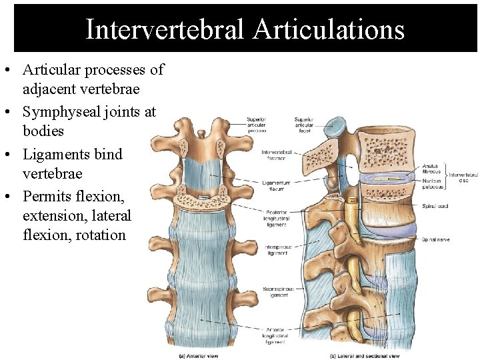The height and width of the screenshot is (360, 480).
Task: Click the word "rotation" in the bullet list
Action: click(101, 235)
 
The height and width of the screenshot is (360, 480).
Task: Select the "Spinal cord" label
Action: click(435, 206)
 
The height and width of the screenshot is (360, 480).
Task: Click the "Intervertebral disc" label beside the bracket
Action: click(463, 177)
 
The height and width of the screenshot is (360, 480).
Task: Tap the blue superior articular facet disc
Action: click(338, 125)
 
